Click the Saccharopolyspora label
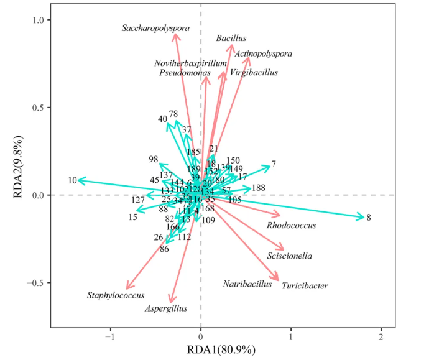click(156, 28)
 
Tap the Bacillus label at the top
click(231, 39)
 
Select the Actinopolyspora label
click(264, 54)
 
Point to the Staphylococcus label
click(116, 295)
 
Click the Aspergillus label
click(166, 308)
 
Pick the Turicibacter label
click(305, 286)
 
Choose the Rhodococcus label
click(291, 226)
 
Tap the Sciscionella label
click(290, 256)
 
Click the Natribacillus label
click(247, 284)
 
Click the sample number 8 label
click(369, 218)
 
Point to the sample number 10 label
click(72, 180)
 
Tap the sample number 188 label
click(259, 188)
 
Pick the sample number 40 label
click(163, 119)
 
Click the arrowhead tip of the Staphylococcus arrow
click(127, 288)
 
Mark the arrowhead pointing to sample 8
click(363, 217)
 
